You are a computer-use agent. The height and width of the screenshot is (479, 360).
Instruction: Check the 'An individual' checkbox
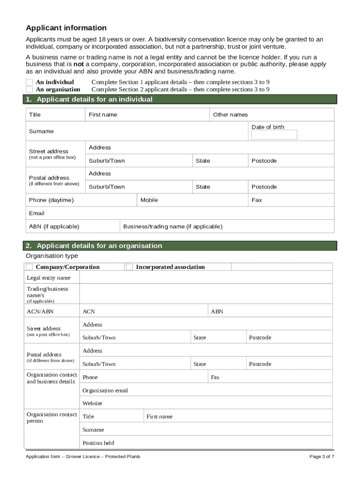[x=29, y=82]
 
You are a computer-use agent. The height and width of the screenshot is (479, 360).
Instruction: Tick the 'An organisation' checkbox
[x=29, y=89]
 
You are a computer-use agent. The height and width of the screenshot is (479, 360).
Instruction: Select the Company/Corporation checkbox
[x=29, y=267]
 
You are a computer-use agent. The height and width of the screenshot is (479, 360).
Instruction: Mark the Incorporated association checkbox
[x=130, y=267]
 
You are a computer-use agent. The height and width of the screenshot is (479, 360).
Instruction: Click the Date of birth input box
[x=274, y=135]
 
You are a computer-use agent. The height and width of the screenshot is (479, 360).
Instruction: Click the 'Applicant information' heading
[x=66, y=28]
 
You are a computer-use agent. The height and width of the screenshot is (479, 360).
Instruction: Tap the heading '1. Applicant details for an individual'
[x=89, y=99]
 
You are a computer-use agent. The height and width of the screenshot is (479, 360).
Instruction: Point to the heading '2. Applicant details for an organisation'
[x=94, y=246]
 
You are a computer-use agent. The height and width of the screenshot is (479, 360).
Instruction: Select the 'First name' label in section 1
[x=103, y=115]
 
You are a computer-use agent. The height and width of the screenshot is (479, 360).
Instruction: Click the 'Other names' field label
[x=230, y=115]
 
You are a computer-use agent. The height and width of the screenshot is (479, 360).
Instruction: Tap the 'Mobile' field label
[x=149, y=200]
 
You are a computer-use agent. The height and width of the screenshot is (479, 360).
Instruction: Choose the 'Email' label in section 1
[x=36, y=213]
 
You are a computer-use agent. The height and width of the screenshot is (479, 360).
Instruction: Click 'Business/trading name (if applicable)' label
[x=173, y=226]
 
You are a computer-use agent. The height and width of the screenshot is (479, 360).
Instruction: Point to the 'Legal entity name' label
[x=49, y=278]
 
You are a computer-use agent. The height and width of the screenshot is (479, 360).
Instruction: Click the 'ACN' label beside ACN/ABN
[x=88, y=312]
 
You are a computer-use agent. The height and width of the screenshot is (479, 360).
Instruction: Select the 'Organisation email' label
[x=105, y=391]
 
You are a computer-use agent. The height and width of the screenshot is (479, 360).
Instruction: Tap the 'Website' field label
[x=92, y=403]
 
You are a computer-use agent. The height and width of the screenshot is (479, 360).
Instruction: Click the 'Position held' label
[x=98, y=443]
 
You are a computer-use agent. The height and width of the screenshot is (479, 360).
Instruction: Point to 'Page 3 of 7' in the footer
[x=322, y=457]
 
